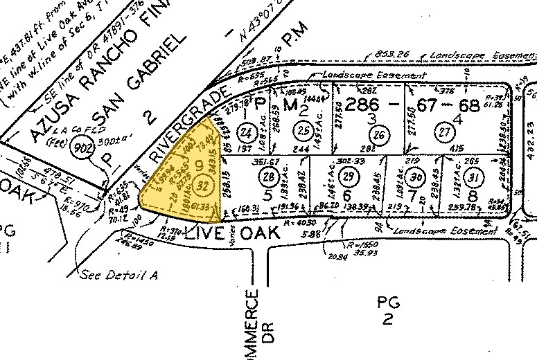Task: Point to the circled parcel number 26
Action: click(377, 134)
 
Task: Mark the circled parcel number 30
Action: click(416, 179)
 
